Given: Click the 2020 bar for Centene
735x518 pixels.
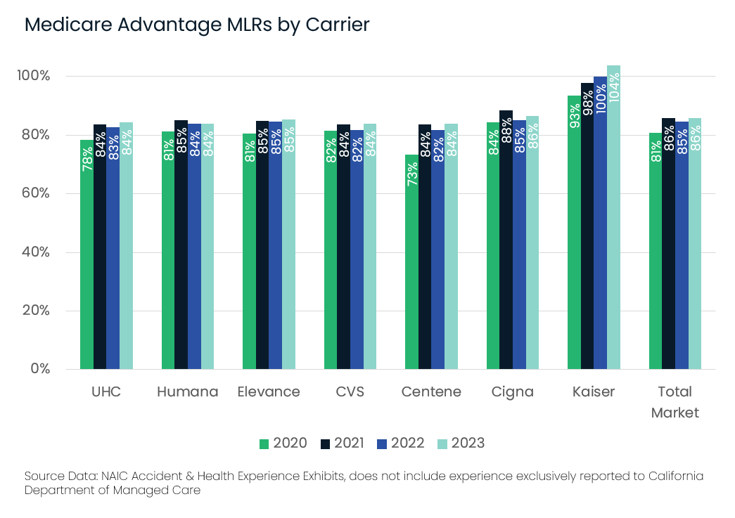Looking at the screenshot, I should [411, 267].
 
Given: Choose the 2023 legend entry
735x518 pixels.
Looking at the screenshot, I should [461, 443].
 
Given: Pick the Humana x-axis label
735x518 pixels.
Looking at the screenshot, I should [187, 391].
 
